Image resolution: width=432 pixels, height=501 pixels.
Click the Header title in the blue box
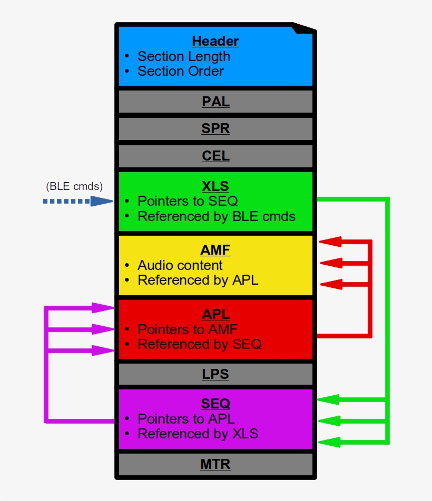[x=215, y=41]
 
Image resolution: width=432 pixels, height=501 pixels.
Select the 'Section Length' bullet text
[x=183, y=56]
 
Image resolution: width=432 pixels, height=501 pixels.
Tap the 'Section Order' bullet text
[x=180, y=71]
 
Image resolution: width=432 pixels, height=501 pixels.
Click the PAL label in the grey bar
[x=215, y=102]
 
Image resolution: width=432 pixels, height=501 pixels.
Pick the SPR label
[x=215, y=129]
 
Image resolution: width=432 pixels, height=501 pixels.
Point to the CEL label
[x=215, y=156]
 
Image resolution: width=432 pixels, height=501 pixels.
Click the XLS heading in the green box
[x=215, y=186]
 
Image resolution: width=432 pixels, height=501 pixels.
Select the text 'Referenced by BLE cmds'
[x=216, y=216]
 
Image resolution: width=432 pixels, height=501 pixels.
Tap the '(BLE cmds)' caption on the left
[x=74, y=186]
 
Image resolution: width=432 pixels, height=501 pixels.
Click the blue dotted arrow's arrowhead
[x=103, y=201]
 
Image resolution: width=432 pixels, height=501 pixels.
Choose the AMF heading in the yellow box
[x=215, y=250]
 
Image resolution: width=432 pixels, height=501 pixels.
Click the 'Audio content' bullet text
[x=180, y=265]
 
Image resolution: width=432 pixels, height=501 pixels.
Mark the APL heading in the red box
[x=215, y=314]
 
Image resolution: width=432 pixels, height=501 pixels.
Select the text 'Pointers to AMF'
[x=188, y=329]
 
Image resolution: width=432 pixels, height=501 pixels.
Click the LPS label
[x=215, y=374]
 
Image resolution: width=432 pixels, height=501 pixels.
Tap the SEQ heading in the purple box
[x=215, y=404]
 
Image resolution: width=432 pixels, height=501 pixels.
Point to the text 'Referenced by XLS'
[x=198, y=434]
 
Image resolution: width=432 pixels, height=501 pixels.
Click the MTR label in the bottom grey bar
[x=215, y=465]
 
